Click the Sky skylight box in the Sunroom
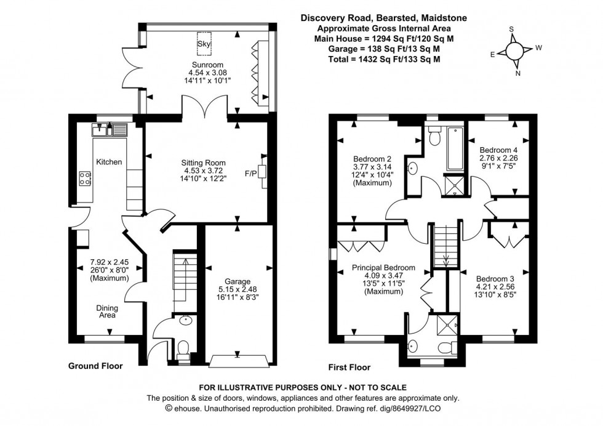click(204, 42)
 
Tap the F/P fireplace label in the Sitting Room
click(251, 173)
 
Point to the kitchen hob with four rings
click(85, 179)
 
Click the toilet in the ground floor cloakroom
click(183, 349)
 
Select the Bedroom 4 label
click(498, 150)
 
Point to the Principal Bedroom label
click(383, 268)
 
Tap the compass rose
click(516, 50)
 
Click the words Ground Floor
click(95, 366)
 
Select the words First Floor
click(349, 368)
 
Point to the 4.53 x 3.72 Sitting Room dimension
click(204, 171)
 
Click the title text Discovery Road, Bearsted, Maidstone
click(383, 18)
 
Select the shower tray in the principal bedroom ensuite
click(448, 325)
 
